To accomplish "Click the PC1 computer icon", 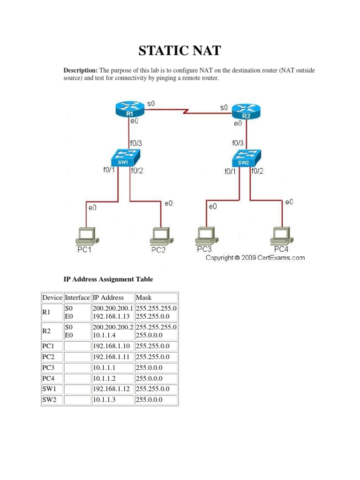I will [86, 235].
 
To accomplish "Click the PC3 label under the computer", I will [204, 249].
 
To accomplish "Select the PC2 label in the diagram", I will [158, 250].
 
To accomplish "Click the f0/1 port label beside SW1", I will [109, 171].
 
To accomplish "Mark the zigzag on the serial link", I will [186, 112].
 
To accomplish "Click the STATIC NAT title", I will [180, 51].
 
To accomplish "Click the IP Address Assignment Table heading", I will [108, 279].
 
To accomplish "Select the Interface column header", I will [77, 297].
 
